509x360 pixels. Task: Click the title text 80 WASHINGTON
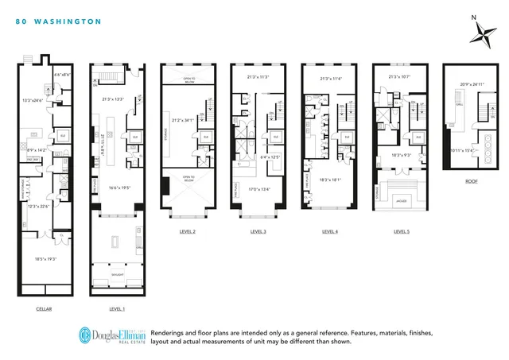click(58, 22)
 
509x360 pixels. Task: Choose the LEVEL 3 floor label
click(258, 232)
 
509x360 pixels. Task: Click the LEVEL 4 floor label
click(329, 232)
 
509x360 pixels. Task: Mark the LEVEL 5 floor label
click(401, 232)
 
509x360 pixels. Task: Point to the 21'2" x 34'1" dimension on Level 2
click(190, 120)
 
